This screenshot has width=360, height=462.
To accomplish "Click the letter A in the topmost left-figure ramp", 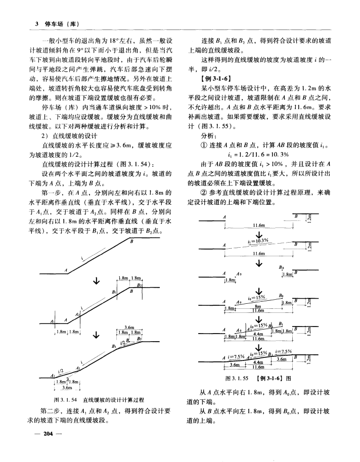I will click(66, 270).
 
